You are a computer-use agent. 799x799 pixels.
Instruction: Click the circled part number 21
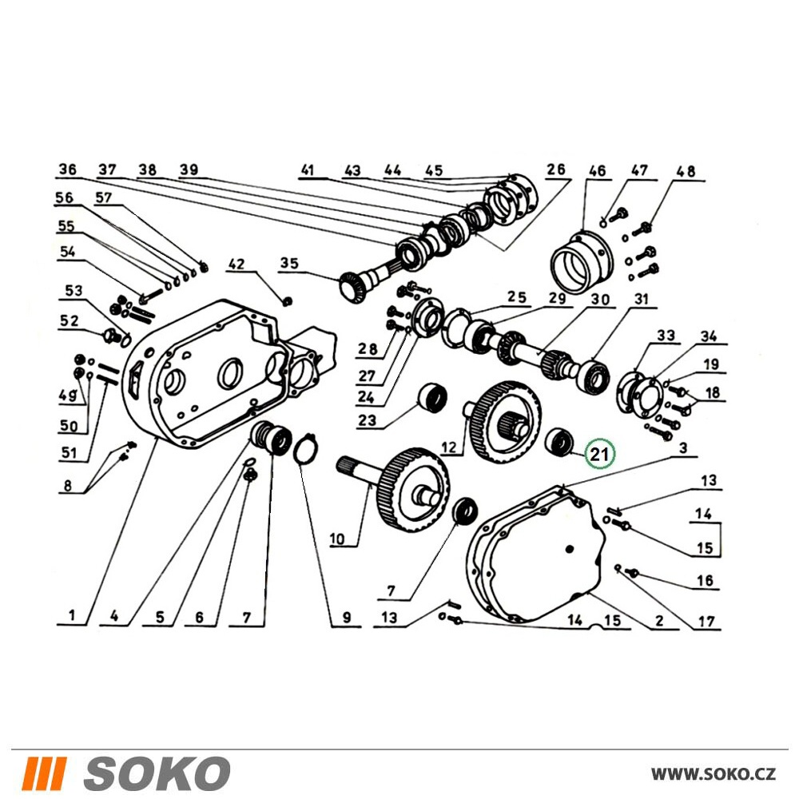click(x=600, y=453)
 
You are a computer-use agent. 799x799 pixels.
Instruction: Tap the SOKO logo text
click(x=157, y=773)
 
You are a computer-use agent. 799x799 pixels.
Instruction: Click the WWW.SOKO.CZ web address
click(x=714, y=774)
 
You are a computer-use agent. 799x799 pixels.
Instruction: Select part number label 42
click(x=237, y=264)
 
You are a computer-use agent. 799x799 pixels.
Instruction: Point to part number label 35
click(x=289, y=264)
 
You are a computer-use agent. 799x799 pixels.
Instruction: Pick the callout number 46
click(x=597, y=171)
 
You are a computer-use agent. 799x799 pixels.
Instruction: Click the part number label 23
click(x=367, y=420)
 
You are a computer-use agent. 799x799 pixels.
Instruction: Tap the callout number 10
click(x=337, y=538)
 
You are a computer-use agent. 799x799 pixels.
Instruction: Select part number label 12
click(x=449, y=447)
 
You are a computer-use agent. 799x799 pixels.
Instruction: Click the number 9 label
click(x=347, y=618)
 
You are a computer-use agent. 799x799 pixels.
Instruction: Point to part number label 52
click(x=70, y=320)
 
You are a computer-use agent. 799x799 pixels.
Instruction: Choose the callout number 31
click(x=641, y=299)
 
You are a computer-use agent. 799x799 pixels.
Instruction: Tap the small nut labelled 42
click(x=287, y=301)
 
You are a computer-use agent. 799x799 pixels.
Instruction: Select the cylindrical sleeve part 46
click(x=582, y=263)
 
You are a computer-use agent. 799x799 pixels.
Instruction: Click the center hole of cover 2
click(x=570, y=549)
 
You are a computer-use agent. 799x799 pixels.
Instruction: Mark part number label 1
click(x=71, y=615)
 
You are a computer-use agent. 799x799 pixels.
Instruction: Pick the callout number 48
click(x=686, y=171)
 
